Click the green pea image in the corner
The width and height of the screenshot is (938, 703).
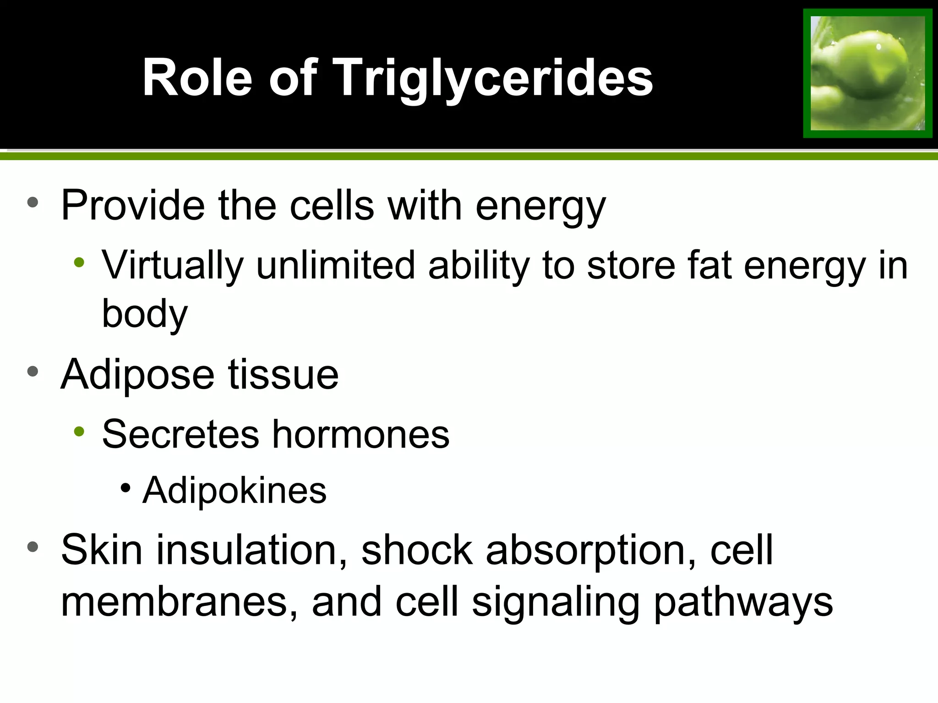pyautogui.click(x=867, y=73)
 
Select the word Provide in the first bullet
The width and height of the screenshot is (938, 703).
pyautogui.click(x=133, y=205)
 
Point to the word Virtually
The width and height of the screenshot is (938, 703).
pyautogui.click(x=172, y=265)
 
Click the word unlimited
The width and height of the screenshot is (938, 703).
pyautogui.click(x=335, y=265)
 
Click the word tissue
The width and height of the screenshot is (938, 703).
pyautogui.click(x=283, y=374)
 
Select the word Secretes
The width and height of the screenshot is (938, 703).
pyautogui.click(x=180, y=434)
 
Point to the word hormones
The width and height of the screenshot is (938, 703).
pyautogui.click(x=361, y=434)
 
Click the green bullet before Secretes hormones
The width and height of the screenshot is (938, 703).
pyautogui.click(x=79, y=431)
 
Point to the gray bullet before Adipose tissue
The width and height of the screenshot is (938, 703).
pyautogui.click(x=33, y=371)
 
